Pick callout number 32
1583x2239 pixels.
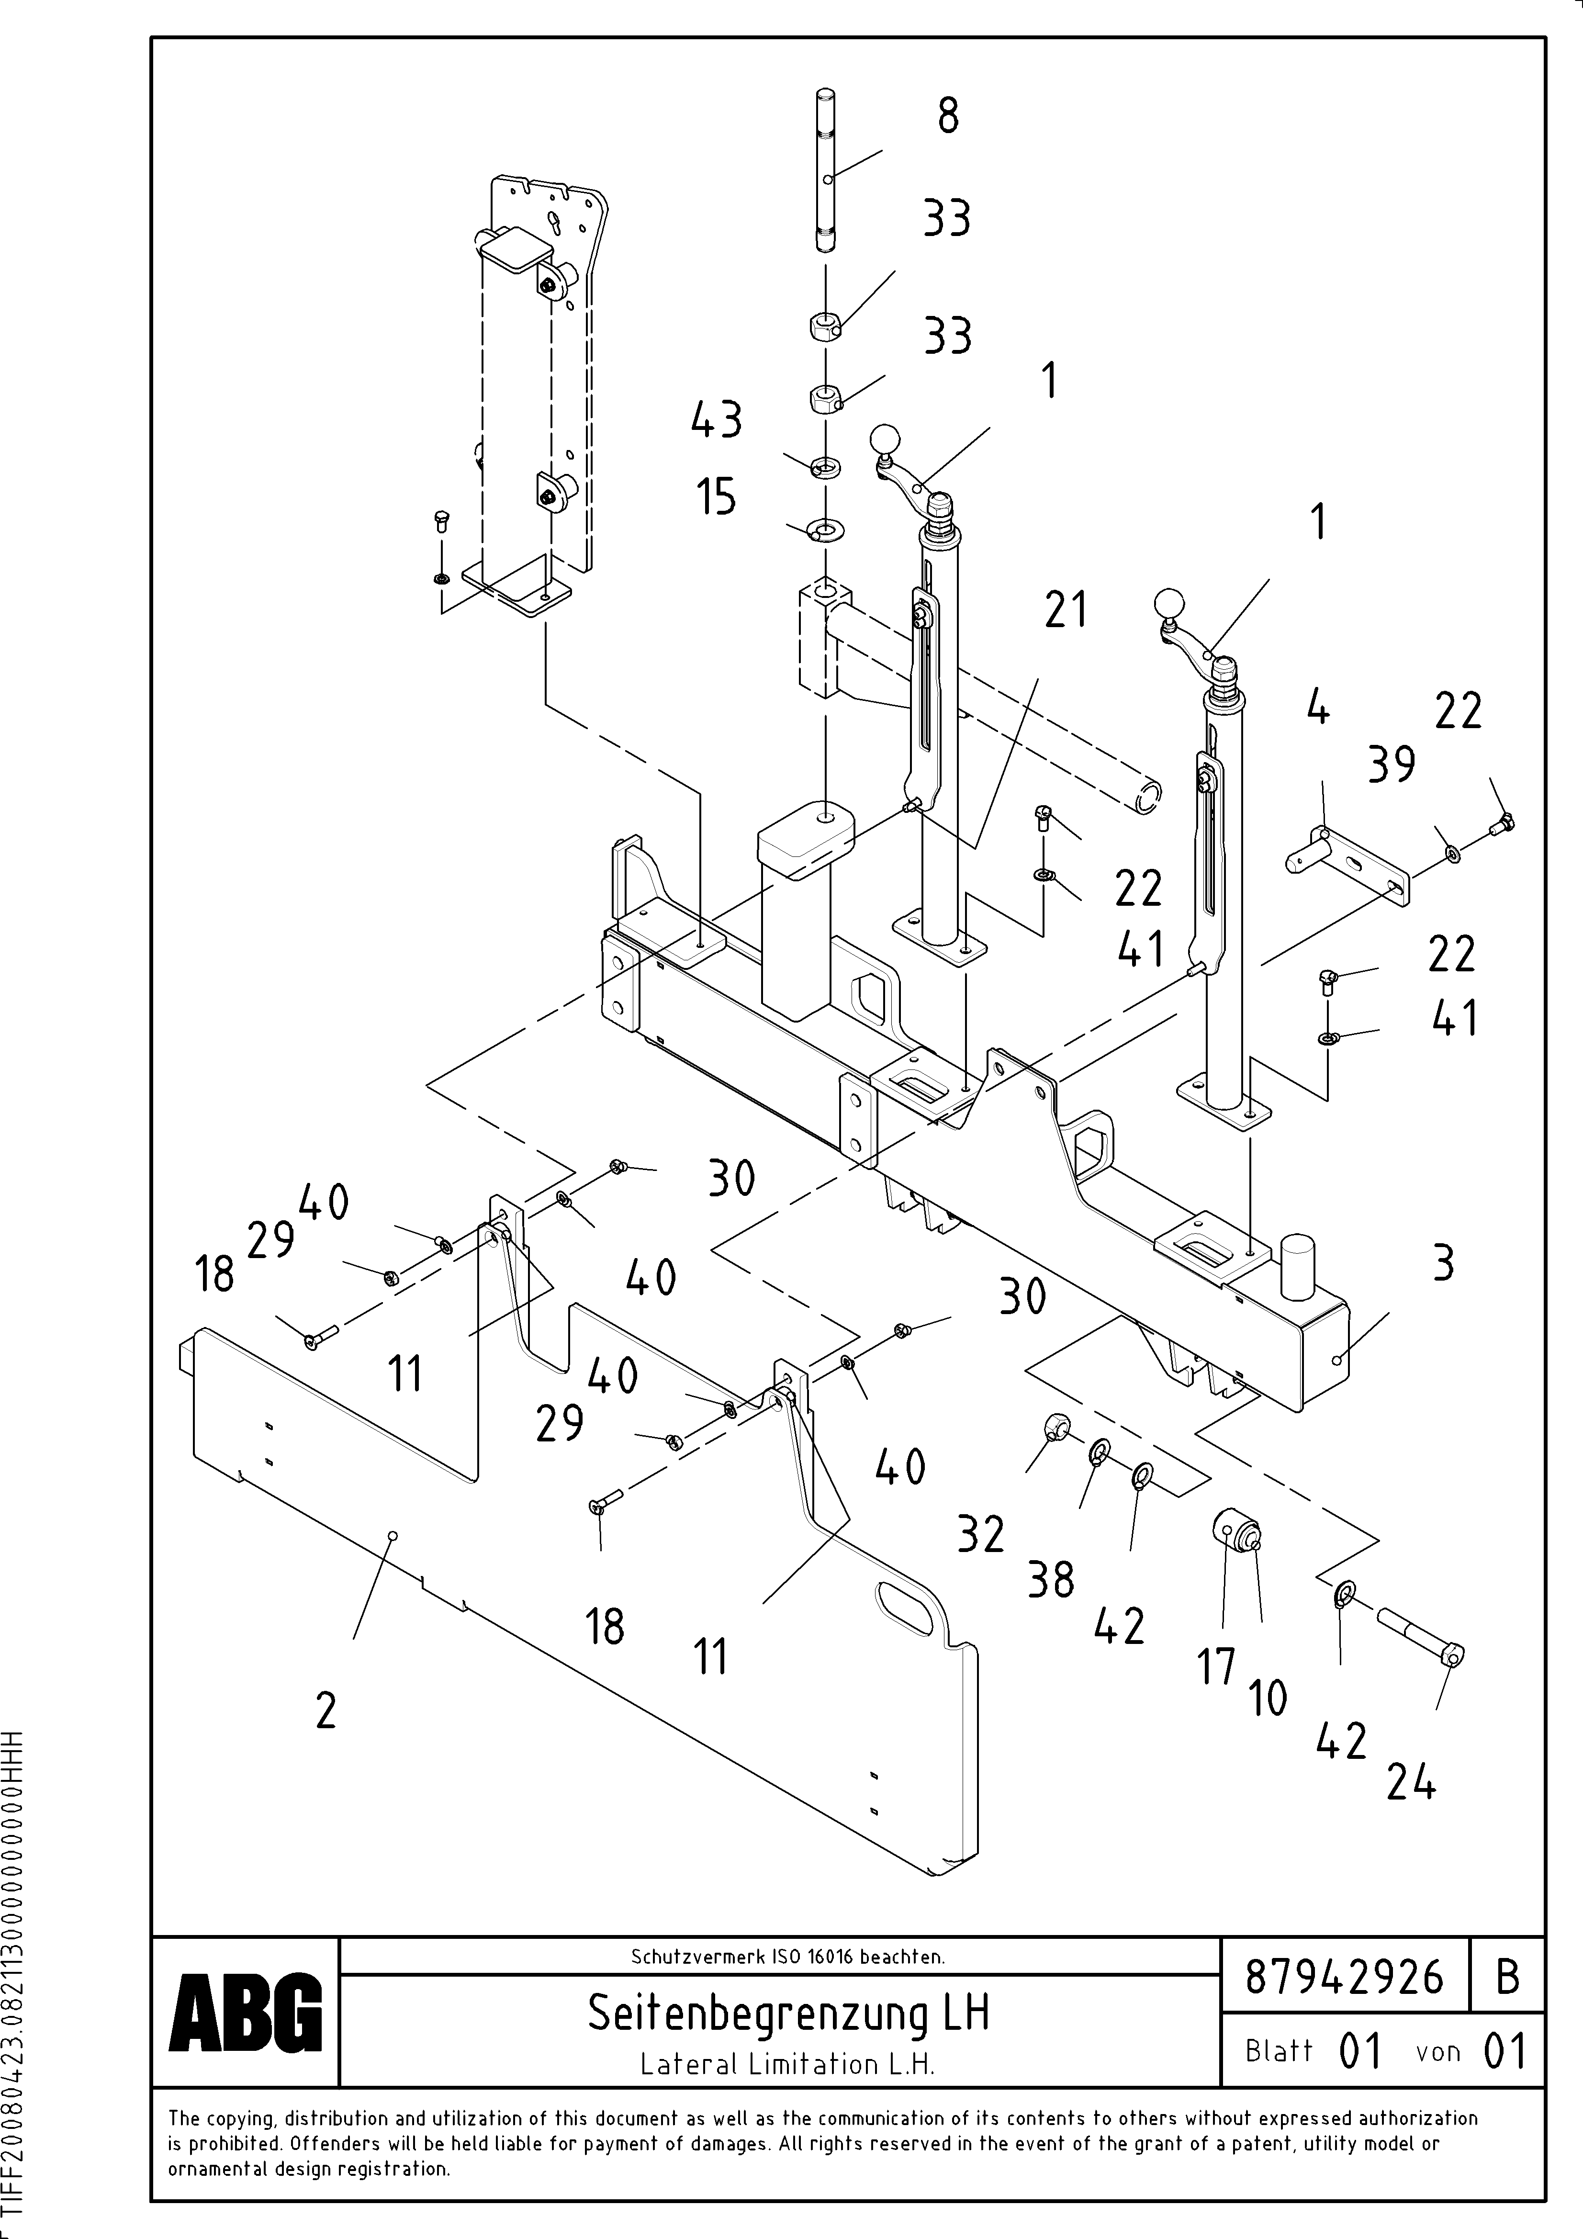pyautogui.click(x=980, y=1534)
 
